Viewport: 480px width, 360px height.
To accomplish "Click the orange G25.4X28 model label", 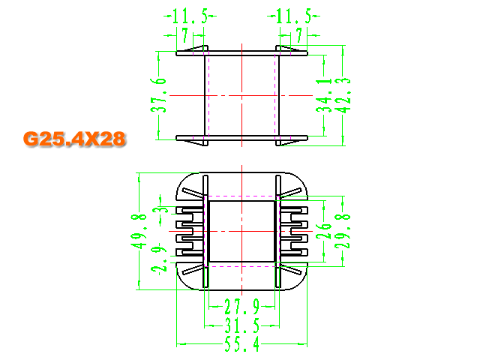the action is click(74, 139).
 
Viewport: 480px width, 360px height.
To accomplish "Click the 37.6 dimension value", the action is click(158, 95).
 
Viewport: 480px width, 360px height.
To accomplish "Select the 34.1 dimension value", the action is click(324, 95).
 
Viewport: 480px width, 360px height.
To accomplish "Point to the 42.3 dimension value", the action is click(343, 95).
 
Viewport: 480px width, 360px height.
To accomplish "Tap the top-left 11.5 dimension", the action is click(190, 16).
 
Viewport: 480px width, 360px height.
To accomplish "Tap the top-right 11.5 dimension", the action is click(293, 16).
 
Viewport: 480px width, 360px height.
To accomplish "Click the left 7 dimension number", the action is click(185, 35).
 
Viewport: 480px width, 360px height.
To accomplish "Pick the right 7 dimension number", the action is click(299, 35).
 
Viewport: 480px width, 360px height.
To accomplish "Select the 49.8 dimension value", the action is click(139, 232).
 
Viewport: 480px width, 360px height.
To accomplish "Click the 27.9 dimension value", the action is click(241, 307).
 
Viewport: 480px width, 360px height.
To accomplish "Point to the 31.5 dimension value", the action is click(241, 325).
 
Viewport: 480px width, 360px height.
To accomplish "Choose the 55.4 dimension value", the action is click(241, 344).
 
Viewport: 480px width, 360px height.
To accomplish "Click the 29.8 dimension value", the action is click(343, 231).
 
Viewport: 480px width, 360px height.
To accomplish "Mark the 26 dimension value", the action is click(324, 231).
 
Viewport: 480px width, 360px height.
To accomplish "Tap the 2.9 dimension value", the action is click(159, 258).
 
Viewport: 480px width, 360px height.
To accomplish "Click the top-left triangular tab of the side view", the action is click(196, 49).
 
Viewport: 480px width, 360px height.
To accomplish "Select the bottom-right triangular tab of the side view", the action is click(288, 142).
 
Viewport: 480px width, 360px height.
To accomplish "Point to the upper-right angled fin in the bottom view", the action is click(290, 192).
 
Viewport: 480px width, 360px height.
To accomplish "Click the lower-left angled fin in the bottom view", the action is click(193, 270).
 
